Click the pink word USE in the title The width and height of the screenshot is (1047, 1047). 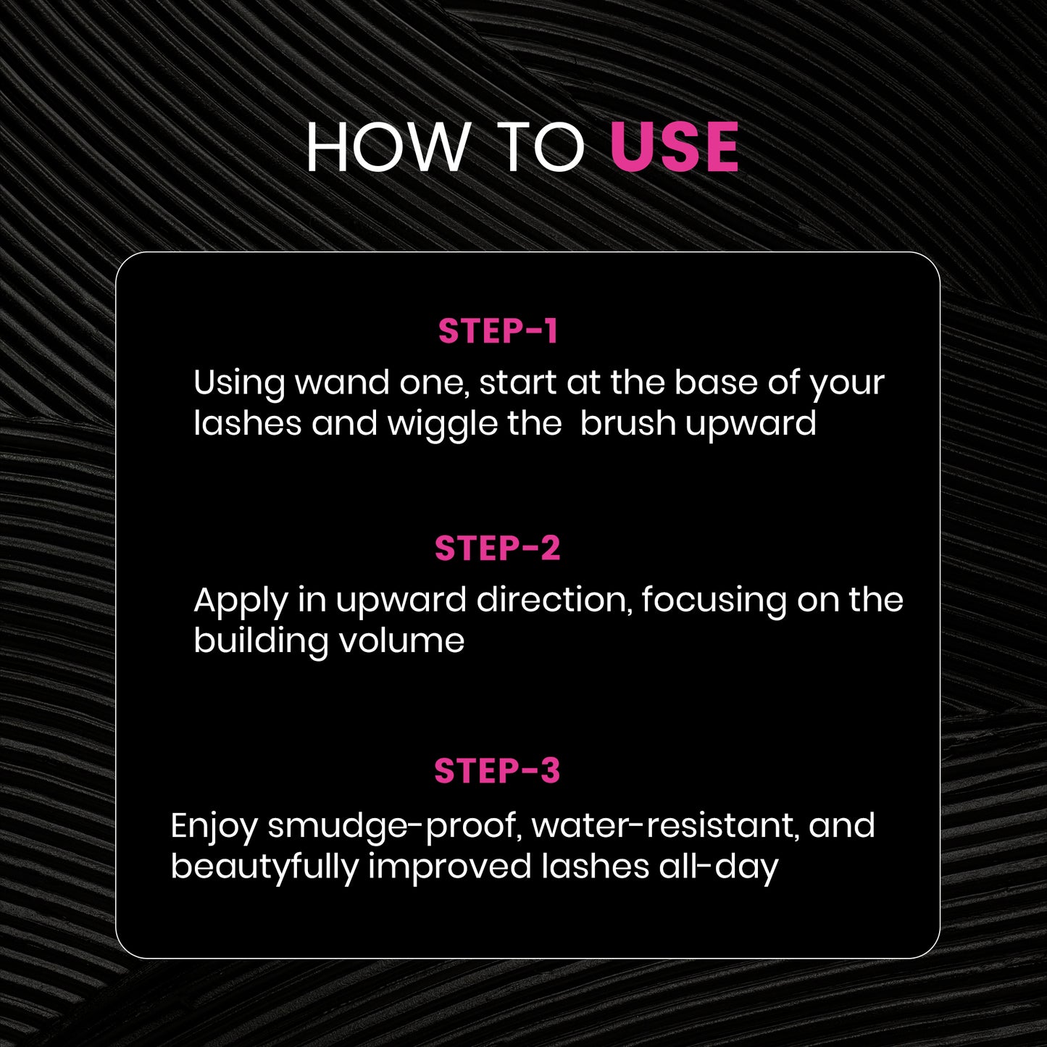674,146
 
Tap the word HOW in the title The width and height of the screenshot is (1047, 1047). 388,147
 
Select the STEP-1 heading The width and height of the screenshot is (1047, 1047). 498,331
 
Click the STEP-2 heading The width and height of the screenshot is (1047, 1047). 497,548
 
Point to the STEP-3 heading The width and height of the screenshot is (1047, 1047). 497,770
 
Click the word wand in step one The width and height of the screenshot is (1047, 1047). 342,383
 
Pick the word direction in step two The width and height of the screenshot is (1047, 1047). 552,600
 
